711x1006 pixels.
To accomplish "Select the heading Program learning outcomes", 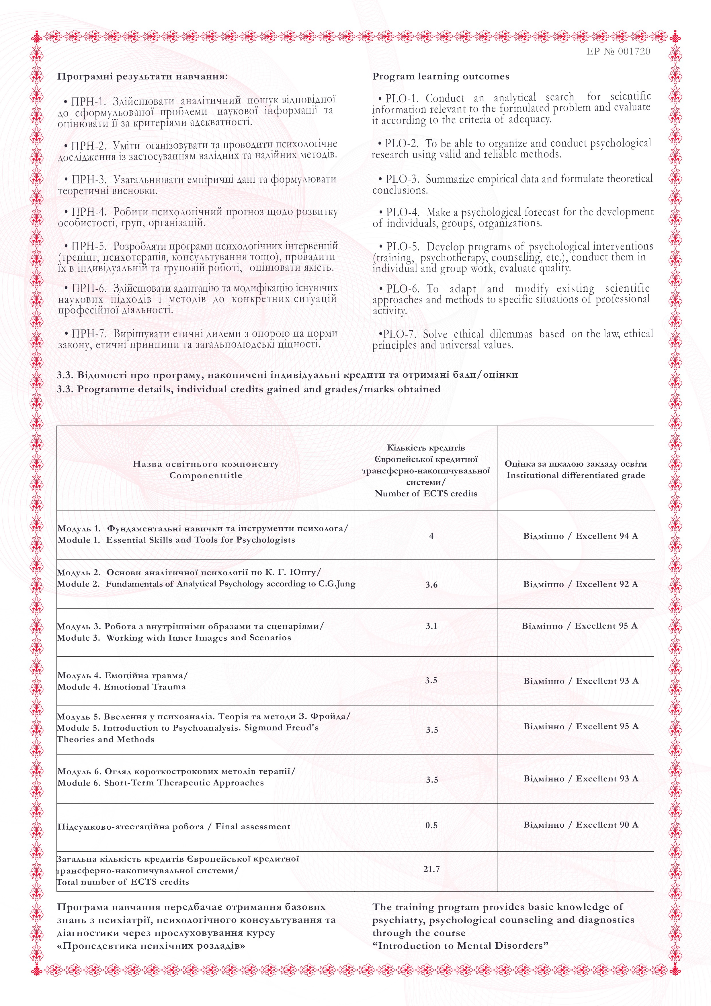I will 441,77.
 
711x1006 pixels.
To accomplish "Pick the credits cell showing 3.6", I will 431,584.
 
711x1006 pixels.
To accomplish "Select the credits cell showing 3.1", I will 431,626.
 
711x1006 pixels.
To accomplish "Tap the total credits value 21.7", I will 431,869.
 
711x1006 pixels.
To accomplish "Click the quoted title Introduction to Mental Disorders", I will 460,945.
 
